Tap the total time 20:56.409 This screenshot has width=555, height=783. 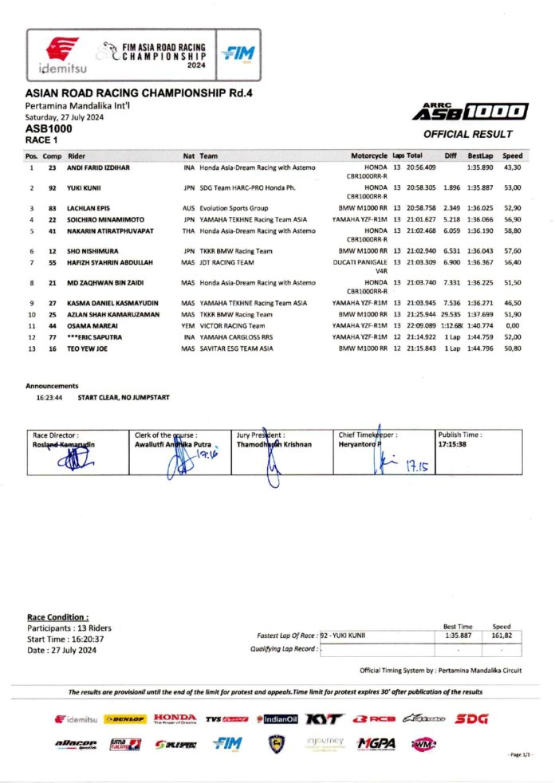[421, 167]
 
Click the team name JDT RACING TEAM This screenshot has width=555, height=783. [227, 262]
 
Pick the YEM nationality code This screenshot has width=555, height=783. [188, 325]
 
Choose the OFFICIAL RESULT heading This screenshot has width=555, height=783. [467, 134]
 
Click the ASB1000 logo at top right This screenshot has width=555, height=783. [470, 112]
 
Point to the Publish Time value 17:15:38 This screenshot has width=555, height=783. [452, 444]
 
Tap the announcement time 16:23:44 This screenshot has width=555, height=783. [49, 396]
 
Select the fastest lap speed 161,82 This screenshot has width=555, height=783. [502, 636]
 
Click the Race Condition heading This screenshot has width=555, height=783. [57, 617]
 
